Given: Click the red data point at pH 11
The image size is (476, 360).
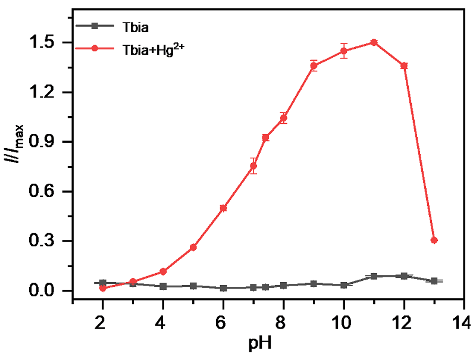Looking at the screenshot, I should click(x=374, y=42).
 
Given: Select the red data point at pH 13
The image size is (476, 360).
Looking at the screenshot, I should click(x=434, y=240).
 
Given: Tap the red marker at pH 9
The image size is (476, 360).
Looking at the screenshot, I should click(x=314, y=65).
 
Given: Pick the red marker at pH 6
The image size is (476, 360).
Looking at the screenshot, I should click(x=223, y=208).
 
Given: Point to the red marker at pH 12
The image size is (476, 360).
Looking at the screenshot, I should click(x=404, y=65).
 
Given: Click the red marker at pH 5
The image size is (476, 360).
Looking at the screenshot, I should click(x=193, y=248).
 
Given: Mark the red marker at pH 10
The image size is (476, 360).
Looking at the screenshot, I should click(x=344, y=51).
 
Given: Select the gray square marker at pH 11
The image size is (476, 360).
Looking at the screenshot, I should click(x=374, y=277).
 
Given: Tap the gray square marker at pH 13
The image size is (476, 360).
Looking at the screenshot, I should click(x=434, y=281).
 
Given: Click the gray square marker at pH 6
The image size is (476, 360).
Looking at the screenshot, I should click(x=223, y=288).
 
